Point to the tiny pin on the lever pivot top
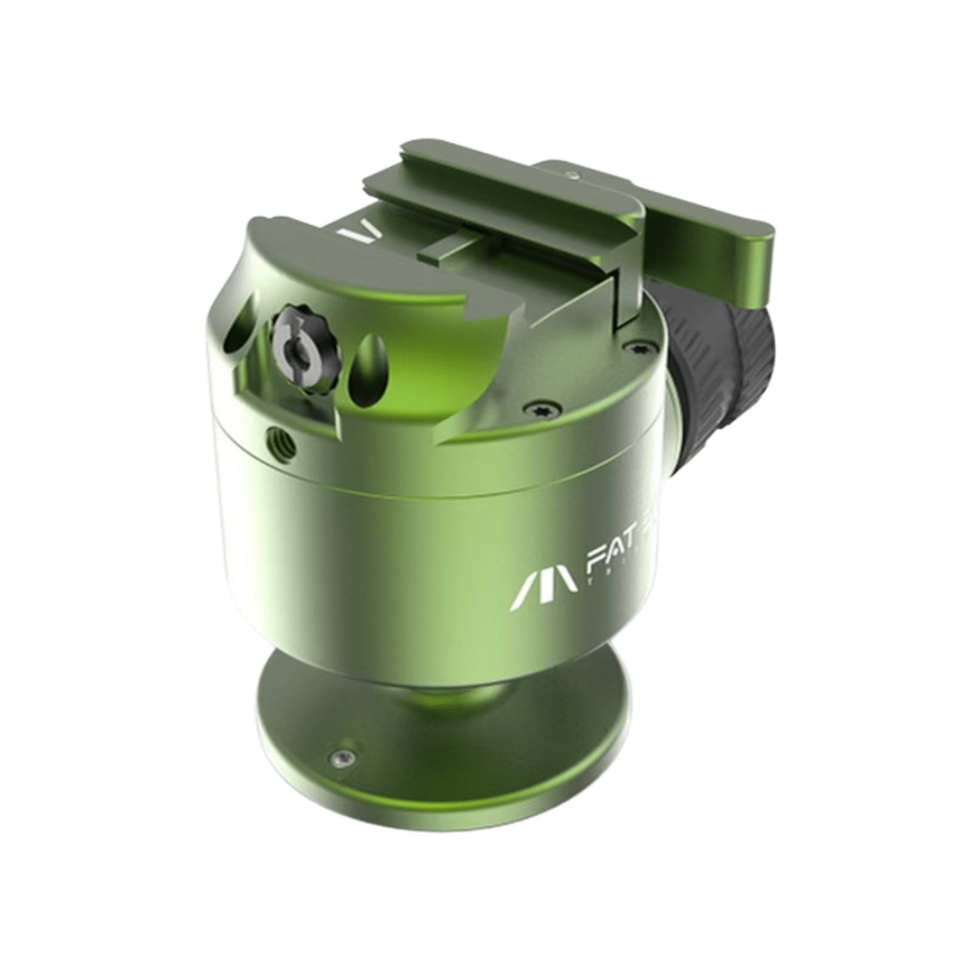pos(574,177)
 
